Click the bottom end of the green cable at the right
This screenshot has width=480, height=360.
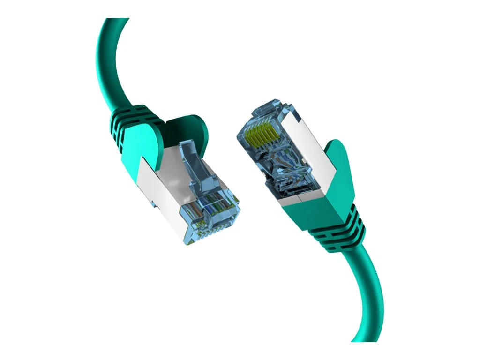373,337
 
